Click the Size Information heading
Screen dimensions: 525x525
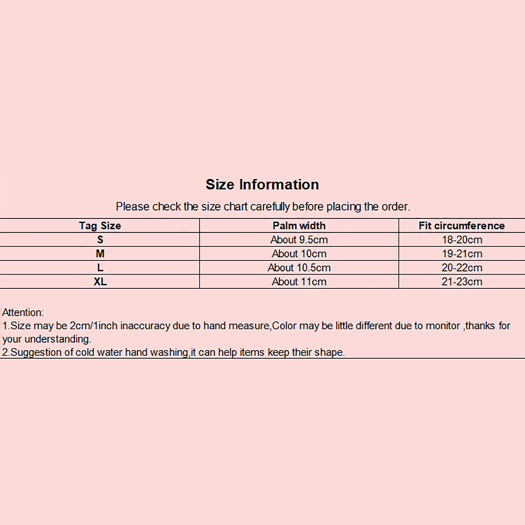click(x=262, y=184)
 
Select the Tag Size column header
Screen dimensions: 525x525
click(x=100, y=226)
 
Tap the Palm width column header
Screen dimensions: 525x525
click(x=299, y=226)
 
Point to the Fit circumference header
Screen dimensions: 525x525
click(x=462, y=226)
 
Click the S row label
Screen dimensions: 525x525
click(x=100, y=240)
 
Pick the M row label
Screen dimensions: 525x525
click(x=100, y=254)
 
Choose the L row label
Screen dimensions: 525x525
click(x=100, y=268)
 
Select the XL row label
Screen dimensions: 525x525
click(x=100, y=282)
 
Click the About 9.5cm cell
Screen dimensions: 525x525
click(x=299, y=240)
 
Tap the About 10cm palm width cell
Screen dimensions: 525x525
click(x=299, y=254)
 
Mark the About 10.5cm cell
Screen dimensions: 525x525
click(x=299, y=268)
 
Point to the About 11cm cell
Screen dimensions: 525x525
click(x=299, y=282)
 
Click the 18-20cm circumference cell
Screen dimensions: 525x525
click(x=462, y=240)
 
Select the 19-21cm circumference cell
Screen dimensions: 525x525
click(x=462, y=254)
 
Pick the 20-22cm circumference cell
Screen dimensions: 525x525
click(x=462, y=268)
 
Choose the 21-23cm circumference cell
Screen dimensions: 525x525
click(x=462, y=282)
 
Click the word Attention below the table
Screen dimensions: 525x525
click(x=22, y=312)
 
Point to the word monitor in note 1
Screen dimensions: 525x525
click(x=443, y=326)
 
